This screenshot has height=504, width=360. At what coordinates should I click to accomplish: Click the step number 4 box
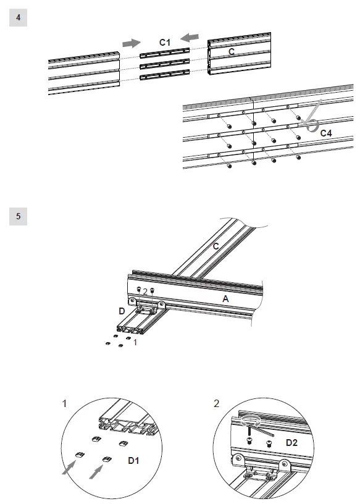click(x=18, y=17)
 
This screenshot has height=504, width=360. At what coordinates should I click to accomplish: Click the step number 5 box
click(x=18, y=216)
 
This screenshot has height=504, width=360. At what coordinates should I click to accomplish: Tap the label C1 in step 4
click(x=165, y=42)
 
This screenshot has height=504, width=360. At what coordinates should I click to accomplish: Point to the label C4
click(x=326, y=133)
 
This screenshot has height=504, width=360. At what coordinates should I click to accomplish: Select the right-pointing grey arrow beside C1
click(x=132, y=43)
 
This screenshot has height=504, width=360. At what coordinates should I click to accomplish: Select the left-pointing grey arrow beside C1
click(x=190, y=38)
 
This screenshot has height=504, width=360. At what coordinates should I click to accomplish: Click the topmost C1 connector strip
click(x=165, y=53)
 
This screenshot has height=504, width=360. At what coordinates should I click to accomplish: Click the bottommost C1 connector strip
click(x=165, y=75)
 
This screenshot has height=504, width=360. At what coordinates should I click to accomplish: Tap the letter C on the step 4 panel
click(x=232, y=51)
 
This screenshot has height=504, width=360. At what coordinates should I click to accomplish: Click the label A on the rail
click(x=225, y=299)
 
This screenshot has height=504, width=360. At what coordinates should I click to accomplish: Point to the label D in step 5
click(x=122, y=311)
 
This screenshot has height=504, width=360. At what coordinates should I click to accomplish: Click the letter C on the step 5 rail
click(x=216, y=246)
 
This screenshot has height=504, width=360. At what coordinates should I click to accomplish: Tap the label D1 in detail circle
click(x=133, y=461)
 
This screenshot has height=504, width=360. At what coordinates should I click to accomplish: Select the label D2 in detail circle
click(x=291, y=443)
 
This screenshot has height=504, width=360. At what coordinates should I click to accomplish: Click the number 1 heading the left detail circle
click(x=64, y=403)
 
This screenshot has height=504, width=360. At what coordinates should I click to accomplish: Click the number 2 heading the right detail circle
click(x=216, y=403)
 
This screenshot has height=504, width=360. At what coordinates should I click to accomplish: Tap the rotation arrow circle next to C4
click(x=312, y=125)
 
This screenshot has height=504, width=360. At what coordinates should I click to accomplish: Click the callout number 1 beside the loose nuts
click(x=135, y=342)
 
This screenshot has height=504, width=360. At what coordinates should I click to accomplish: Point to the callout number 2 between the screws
click(x=145, y=292)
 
